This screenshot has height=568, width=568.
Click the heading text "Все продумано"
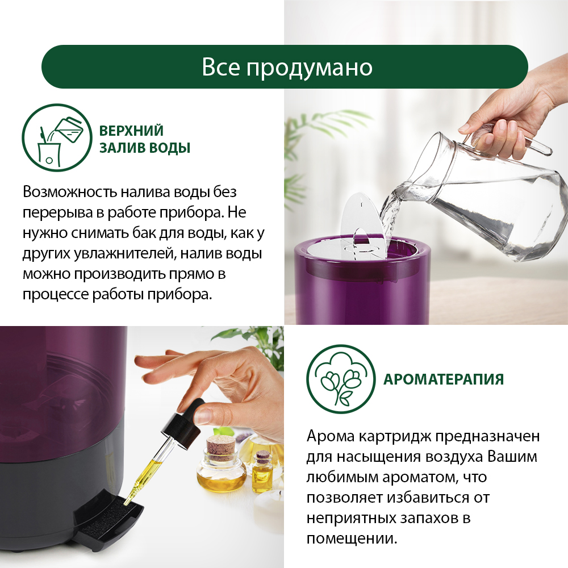pyautogui.click(x=286, y=67)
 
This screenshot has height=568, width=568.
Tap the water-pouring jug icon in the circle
pyautogui.click(x=57, y=137)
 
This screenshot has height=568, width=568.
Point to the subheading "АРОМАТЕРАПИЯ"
pyautogui.click(x=444, y=379)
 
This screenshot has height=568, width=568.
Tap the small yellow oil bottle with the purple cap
pyautogui.click(x=262, y=471)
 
